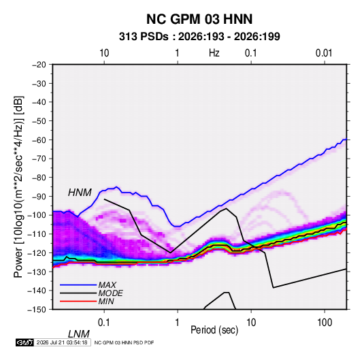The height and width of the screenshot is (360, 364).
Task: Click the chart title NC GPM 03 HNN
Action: [199, 19]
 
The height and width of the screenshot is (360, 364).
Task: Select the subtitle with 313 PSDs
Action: [199, 37]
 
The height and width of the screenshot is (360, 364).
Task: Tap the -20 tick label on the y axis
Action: [39, 65]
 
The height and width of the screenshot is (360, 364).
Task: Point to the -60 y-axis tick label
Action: [39, 140]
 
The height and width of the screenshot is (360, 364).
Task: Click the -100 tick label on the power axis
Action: [37, 215]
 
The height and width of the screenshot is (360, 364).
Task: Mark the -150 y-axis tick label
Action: [37, 310]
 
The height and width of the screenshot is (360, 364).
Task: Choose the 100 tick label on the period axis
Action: [325, 323]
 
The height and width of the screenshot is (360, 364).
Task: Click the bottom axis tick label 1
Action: [178, 323]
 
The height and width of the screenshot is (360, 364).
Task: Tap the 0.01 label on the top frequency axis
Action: [324, 53]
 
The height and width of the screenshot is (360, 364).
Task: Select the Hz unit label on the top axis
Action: [214, 53]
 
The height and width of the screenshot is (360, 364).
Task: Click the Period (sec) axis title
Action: [214, 330]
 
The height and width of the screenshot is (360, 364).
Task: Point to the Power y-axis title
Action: [18, 187]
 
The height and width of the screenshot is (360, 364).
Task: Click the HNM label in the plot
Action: [80, 193]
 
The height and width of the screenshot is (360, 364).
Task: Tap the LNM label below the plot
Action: [78, 334]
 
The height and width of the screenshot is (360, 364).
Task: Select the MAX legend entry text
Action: [107, 284]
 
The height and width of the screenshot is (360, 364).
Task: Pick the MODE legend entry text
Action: [110, 293]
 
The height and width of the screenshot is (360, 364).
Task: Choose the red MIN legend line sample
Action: [78, 301]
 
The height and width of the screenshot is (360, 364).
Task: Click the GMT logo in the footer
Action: [25, 342]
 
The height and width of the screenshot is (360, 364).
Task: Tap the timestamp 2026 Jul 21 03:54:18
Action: [62, 342]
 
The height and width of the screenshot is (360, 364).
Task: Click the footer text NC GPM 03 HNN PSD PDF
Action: [125, 342]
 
